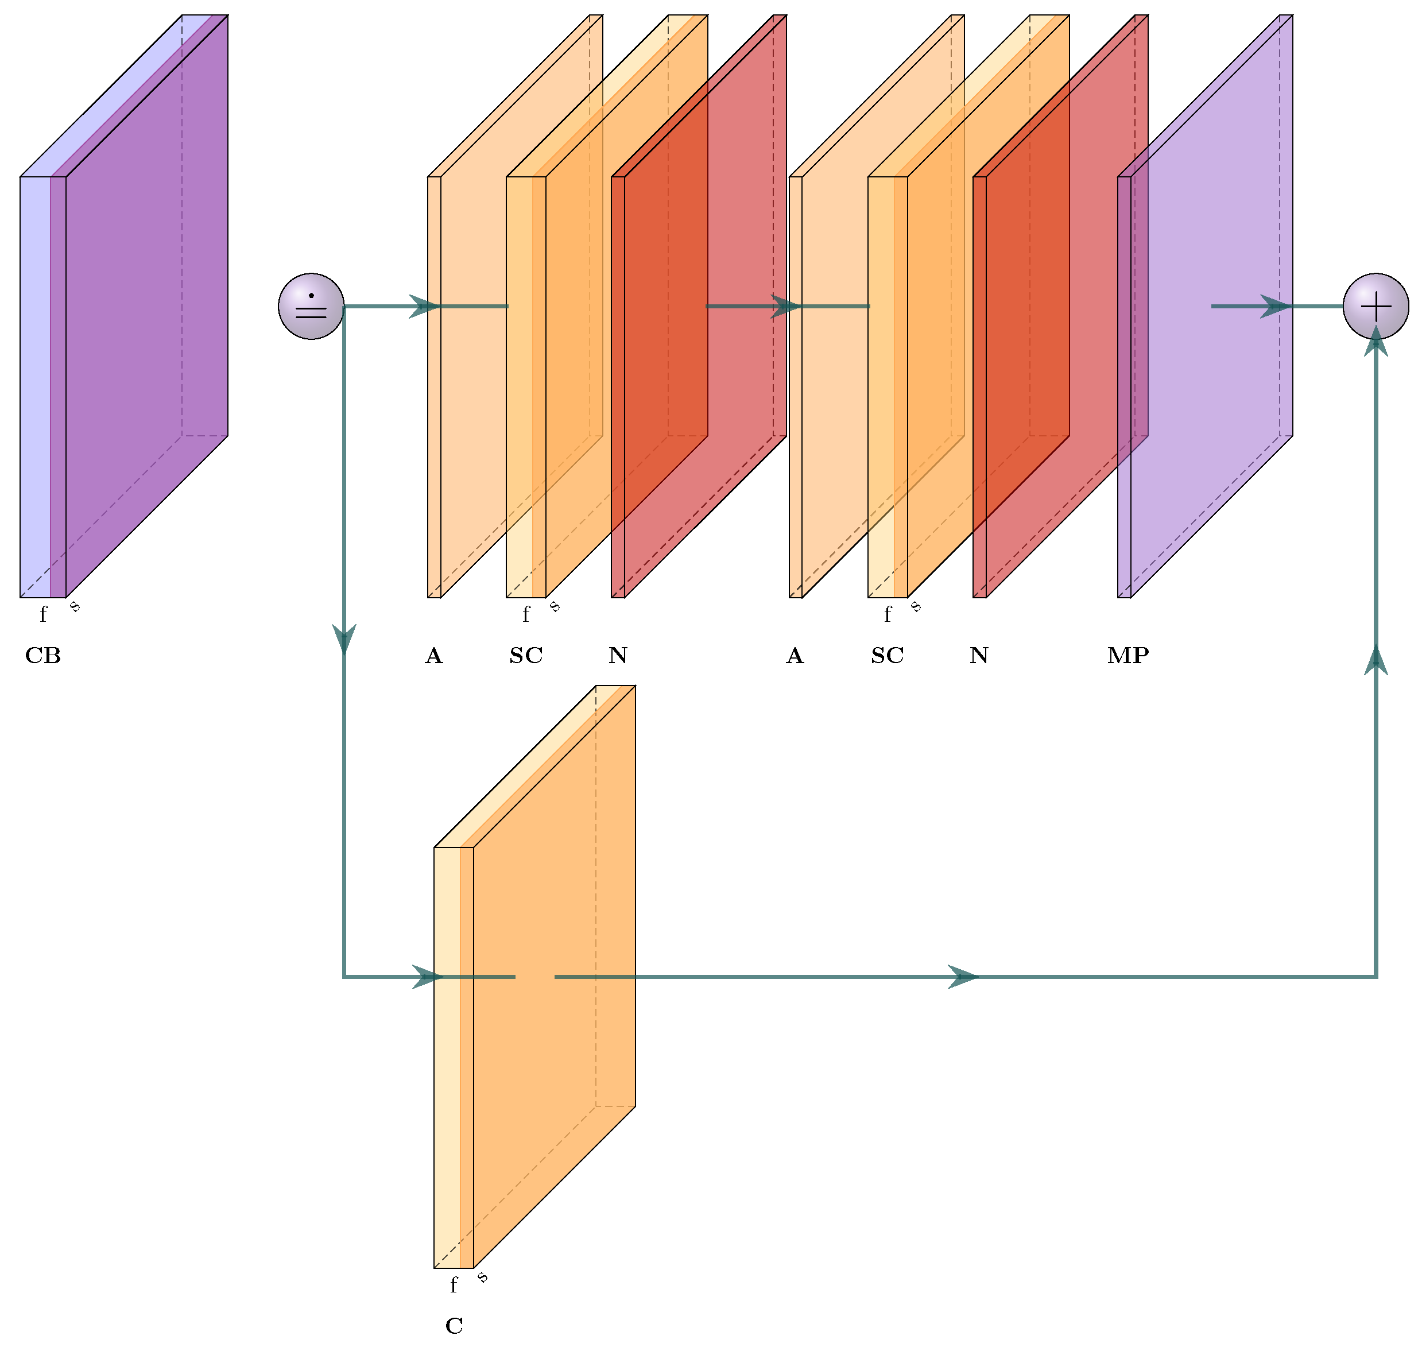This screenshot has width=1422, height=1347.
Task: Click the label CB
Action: pos(43,656)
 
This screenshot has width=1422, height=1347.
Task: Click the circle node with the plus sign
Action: pos(1375,307)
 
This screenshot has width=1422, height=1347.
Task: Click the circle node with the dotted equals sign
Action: pos(311,307)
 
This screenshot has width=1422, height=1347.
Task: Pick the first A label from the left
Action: pos(433,656)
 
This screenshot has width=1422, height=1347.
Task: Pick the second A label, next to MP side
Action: pos(795,656)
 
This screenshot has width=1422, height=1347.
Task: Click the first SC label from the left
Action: pos(526,656)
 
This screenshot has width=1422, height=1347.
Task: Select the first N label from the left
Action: pos(618,656)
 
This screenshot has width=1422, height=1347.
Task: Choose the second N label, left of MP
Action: pos(979,656)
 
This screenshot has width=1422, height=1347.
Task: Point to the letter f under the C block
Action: pos(454,1285)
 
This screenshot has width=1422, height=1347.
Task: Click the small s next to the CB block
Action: pos(75,607)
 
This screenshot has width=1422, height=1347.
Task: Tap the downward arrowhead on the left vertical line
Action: pos(344,637)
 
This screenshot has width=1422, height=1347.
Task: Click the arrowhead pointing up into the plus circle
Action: pos(1375,343)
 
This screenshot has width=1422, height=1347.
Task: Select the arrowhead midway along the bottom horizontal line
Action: pos(963,977)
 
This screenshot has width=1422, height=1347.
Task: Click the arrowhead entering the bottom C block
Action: pos(428,977)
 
